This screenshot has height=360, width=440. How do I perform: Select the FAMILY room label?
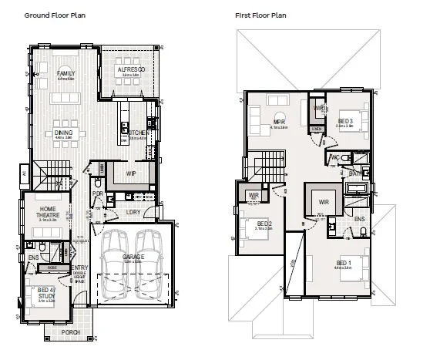(x=65, y=73)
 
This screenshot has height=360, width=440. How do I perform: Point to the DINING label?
(x=64, y=133)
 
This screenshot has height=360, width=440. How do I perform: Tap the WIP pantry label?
(x=131, y=174)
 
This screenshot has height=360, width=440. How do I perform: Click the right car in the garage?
(x=149, y=267)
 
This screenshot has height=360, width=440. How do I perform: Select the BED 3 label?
(x=345, y=121)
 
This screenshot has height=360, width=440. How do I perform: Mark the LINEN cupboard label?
(x=317, y=129)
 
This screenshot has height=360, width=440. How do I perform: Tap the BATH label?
(x=355, y=174)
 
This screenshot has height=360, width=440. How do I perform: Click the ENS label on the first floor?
(x=359, y=219)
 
